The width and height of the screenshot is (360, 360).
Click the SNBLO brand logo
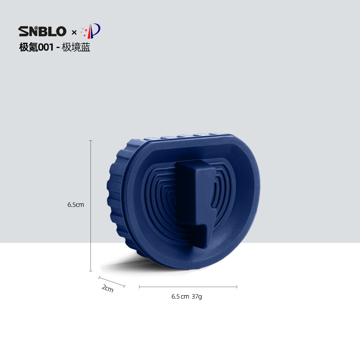[42, 31]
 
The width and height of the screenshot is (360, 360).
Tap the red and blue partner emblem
[91, 31]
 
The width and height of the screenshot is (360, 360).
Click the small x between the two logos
[74, 32]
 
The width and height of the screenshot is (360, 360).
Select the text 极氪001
[36, 47]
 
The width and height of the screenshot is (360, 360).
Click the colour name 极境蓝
[76, 47]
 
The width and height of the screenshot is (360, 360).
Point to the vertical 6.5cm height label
[76, 205]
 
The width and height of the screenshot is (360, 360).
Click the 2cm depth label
[108, 288]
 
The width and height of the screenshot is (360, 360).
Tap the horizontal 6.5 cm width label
[180, 297]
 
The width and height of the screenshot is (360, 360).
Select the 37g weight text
[197, 297]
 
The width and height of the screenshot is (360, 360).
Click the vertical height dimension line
[91, 206]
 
